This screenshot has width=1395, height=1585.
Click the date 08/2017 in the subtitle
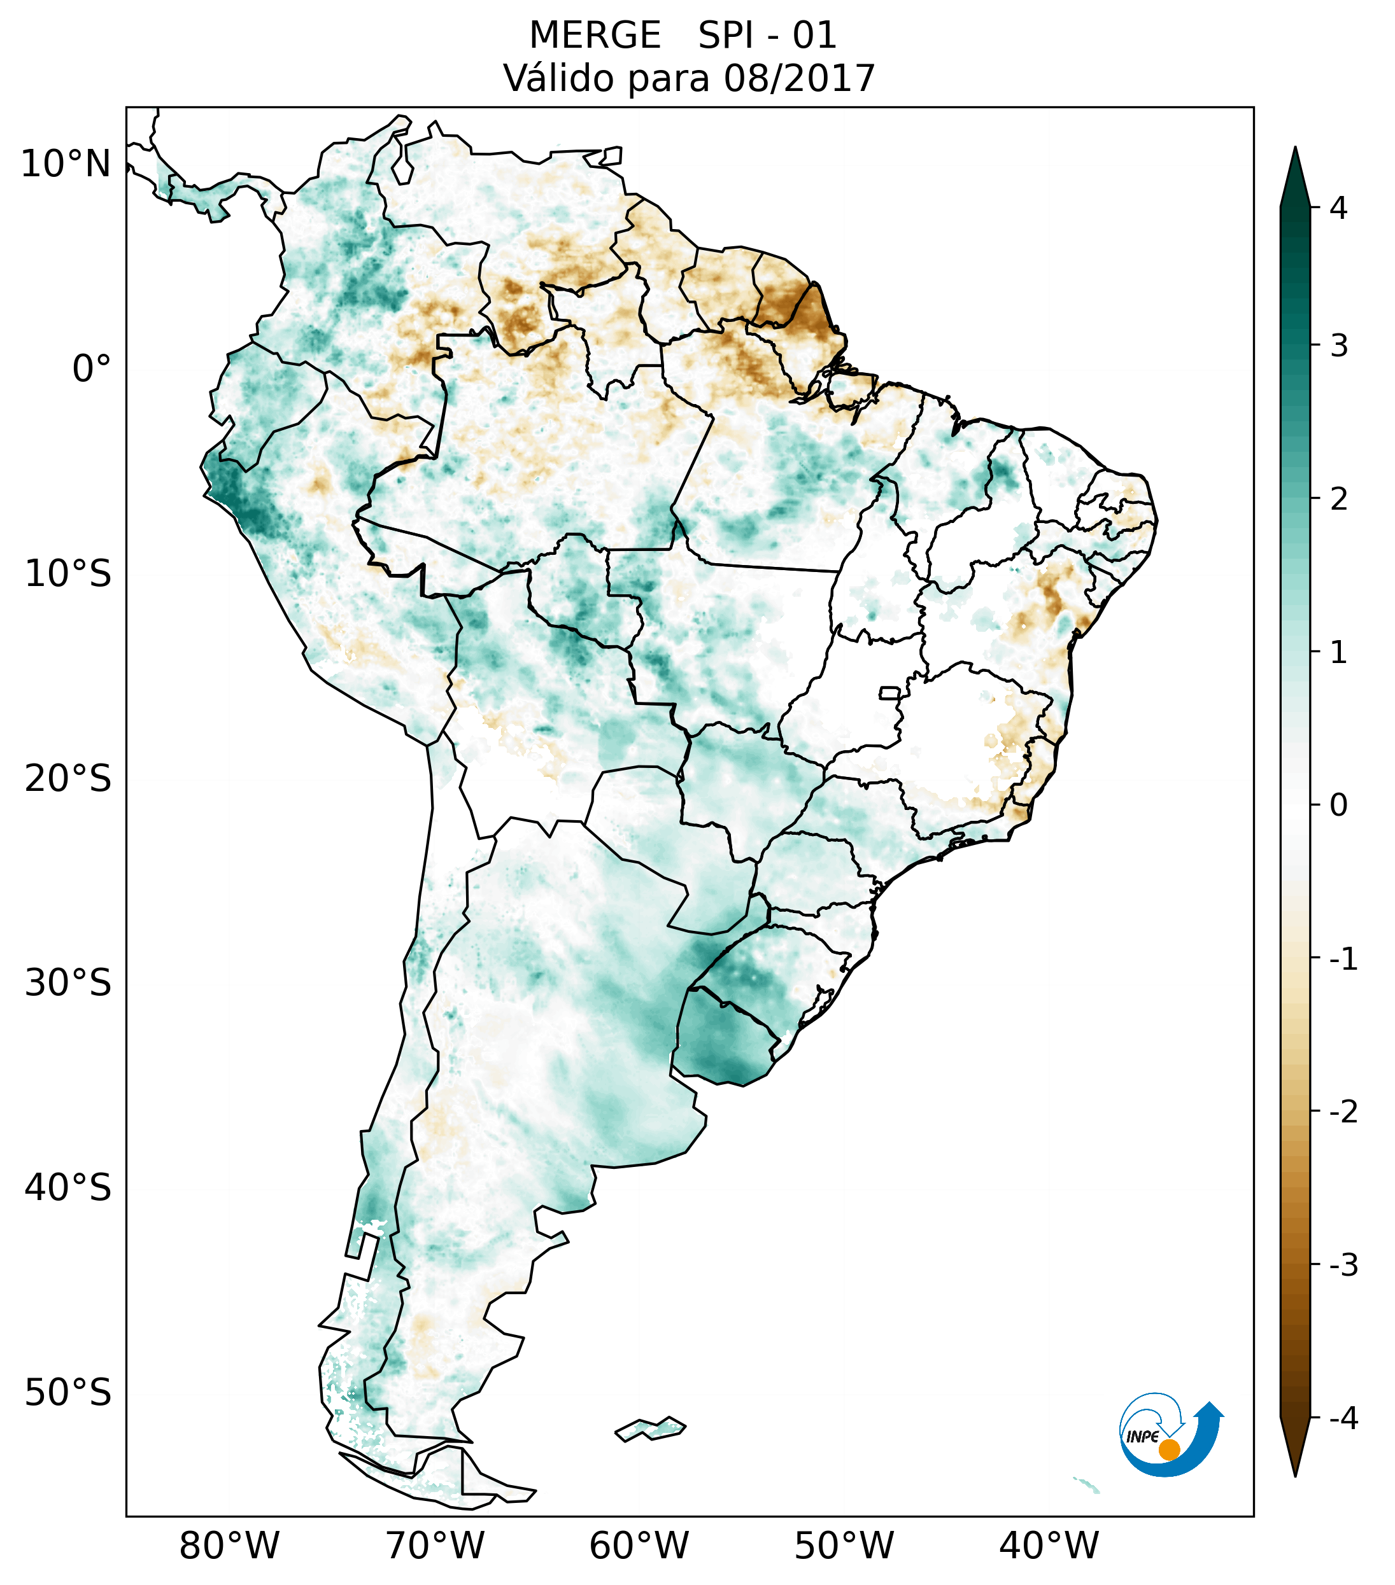[x=799, y=78]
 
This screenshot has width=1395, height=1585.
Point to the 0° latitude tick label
[x=92, y=369]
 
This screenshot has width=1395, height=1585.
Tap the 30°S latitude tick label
[x=68, y=983]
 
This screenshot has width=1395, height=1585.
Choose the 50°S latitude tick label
[x=68, y=1393]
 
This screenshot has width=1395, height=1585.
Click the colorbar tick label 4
[x=1338, y=208]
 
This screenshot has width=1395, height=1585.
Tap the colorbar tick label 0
[x=1338, y=806]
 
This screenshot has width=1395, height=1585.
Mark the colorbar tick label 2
[x=1338, y=499]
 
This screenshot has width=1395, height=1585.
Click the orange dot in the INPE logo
[x=1168, y=1449]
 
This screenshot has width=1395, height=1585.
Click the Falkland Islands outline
[x=650, y=1428]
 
